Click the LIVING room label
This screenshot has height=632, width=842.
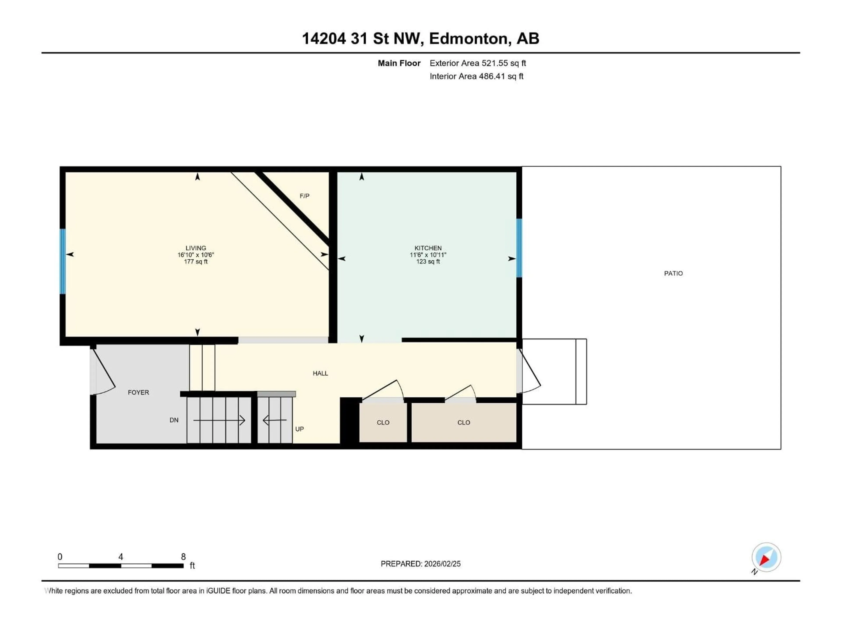tap(196, 248)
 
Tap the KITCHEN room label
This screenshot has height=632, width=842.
tap(428, 248)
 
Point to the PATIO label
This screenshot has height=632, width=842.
tap(673, 273)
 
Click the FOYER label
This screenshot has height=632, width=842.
tap(138, 392)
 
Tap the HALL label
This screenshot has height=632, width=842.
tap(320, 373)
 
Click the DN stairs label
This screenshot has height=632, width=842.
tap(174, 420)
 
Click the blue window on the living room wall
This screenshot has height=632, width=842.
tap(62, 261)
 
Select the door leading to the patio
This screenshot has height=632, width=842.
tap(529, 372)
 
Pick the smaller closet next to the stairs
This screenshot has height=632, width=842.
tap(383, 422)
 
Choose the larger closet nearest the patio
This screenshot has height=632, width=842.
tap(464, 422)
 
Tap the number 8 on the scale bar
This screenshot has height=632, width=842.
tap(183, 557)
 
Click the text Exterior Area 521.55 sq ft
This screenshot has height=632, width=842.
tap(478, 63)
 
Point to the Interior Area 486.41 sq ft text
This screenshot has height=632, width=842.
tap(476, 76)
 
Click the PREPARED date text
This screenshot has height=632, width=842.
tap(420, 564)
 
